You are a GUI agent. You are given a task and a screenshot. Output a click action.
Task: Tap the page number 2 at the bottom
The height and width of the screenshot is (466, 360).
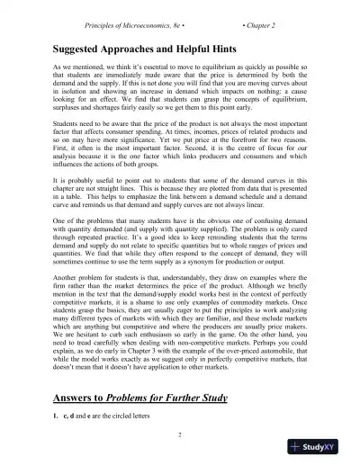pyautogui.click(x=180, y=435)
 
